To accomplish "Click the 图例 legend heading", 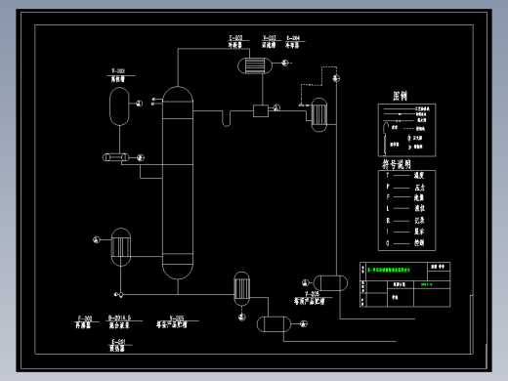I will click(399, 96).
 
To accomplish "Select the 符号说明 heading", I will click(396, 163).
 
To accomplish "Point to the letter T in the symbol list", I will click(388, 173).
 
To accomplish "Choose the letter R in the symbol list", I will click(388, 219).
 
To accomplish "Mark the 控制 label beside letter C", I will click(421, 242).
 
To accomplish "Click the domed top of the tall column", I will click(177, 94).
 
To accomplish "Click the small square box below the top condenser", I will click(260, 110).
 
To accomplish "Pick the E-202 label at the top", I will click(234, 38).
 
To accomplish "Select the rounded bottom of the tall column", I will click(177, 270).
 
